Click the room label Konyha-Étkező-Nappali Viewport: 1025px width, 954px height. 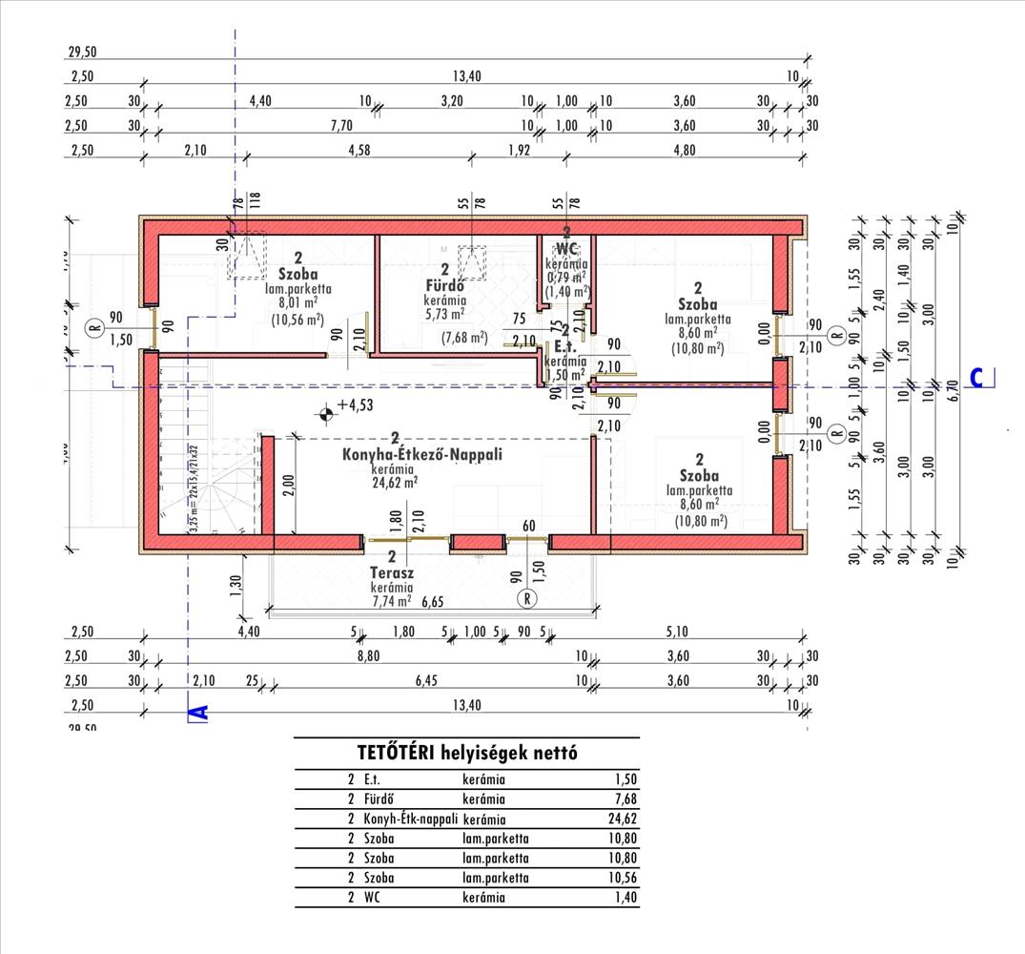click(x=421, y=455)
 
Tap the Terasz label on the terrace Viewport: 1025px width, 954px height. click(x=392, y=572)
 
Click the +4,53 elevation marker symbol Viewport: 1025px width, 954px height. click(x=326, y=412)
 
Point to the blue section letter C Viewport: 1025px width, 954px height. click(x=975, y=379)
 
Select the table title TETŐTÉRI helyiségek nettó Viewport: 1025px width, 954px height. click(x=467, y=753)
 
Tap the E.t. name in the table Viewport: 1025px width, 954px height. click(x=372, y=779)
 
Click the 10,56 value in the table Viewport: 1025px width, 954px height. click(x=621, y=878)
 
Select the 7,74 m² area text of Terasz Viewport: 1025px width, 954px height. click(x=391, y=601)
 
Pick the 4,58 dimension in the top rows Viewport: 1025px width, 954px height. click(x=359, y=150)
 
